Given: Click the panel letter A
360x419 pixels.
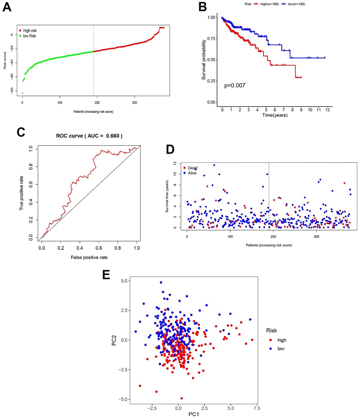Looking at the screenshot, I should pos(7,7).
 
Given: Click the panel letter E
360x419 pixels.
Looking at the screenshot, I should pos(106,275).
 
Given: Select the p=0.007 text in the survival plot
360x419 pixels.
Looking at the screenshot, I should pos(235,86).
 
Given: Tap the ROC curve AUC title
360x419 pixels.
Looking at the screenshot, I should pos(89,136).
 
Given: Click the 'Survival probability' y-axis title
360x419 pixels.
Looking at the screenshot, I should pos(204,60).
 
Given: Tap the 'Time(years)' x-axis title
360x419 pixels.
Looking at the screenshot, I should pos(275,115).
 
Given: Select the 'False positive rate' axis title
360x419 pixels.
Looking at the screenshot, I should pos(89,257).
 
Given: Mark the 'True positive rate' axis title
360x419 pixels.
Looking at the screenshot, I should pos(22,193).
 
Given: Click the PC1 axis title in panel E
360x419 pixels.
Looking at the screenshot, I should pos(193,414).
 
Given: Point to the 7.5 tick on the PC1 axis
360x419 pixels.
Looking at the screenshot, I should pos(257,408).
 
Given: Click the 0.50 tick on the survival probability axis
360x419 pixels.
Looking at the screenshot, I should pos(211,60).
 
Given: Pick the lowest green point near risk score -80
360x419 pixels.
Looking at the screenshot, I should pos(22,93).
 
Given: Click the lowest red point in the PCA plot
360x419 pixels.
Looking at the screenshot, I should pos(181,398).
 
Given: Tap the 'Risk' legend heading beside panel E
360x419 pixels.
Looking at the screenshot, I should pos(271,330).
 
